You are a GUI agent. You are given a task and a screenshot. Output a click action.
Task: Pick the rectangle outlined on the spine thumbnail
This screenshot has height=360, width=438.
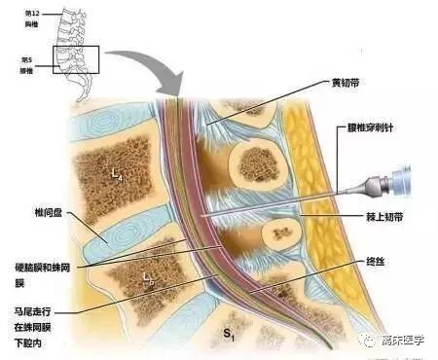pos(80,60)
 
